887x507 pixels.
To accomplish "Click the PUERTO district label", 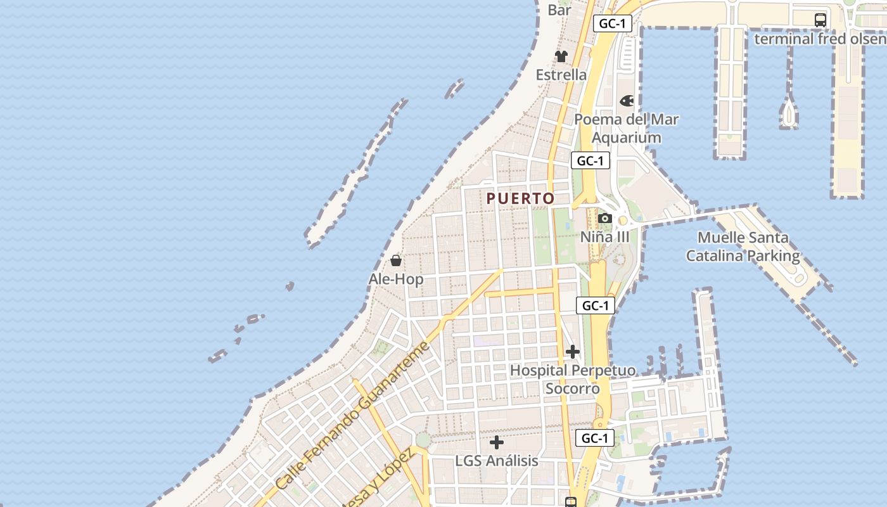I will (520, 198).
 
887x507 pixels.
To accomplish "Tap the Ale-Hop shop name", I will (396, 279).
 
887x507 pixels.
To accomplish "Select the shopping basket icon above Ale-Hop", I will (396, 260).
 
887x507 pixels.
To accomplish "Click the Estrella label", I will (561, 75).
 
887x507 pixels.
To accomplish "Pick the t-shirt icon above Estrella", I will (561, 56).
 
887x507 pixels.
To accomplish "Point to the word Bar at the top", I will (559, 10).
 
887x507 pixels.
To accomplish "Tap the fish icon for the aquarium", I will (627, 101).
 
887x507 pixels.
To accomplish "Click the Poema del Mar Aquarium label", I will (627, 128).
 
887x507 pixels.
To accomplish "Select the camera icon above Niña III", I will (605, 219).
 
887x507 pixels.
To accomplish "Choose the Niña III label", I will (605, 237).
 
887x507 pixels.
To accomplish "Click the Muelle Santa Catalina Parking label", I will (743, 247).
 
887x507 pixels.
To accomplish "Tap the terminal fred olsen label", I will (820, 39).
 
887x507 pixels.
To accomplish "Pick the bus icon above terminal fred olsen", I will (820, 20).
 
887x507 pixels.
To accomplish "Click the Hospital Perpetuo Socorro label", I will (573, 379).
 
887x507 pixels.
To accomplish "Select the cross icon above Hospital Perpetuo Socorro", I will (573, 351).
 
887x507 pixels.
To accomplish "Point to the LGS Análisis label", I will (497, 461).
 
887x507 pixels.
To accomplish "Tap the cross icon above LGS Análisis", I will (497, 442).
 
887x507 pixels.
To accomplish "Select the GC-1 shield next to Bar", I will (613, 24).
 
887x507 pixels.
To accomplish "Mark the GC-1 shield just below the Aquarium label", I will (590, 161).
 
